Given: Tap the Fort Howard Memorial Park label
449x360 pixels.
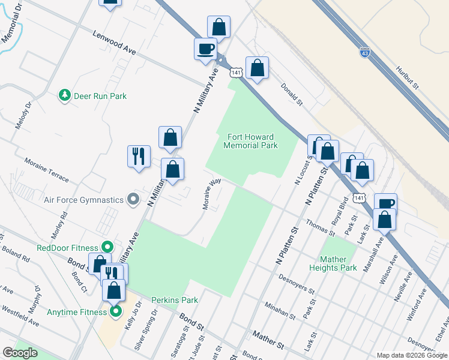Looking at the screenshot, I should (x=250, y=142).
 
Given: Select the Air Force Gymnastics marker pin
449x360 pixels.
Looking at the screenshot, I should (x=133, y=199).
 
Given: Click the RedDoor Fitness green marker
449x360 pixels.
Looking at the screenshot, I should (x=107, y=247).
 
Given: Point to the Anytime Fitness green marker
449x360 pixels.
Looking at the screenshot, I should (x=115, y=311).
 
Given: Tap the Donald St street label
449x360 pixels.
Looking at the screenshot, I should (x=292, y=94).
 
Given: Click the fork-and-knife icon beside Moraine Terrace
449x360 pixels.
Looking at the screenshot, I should (x=139, y=156).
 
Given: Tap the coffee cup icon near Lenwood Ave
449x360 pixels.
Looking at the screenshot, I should (x=205, y=48).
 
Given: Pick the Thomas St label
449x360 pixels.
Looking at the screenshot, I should (x=319, y=227).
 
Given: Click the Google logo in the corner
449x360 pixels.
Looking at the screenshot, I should (x=20, y=353).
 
